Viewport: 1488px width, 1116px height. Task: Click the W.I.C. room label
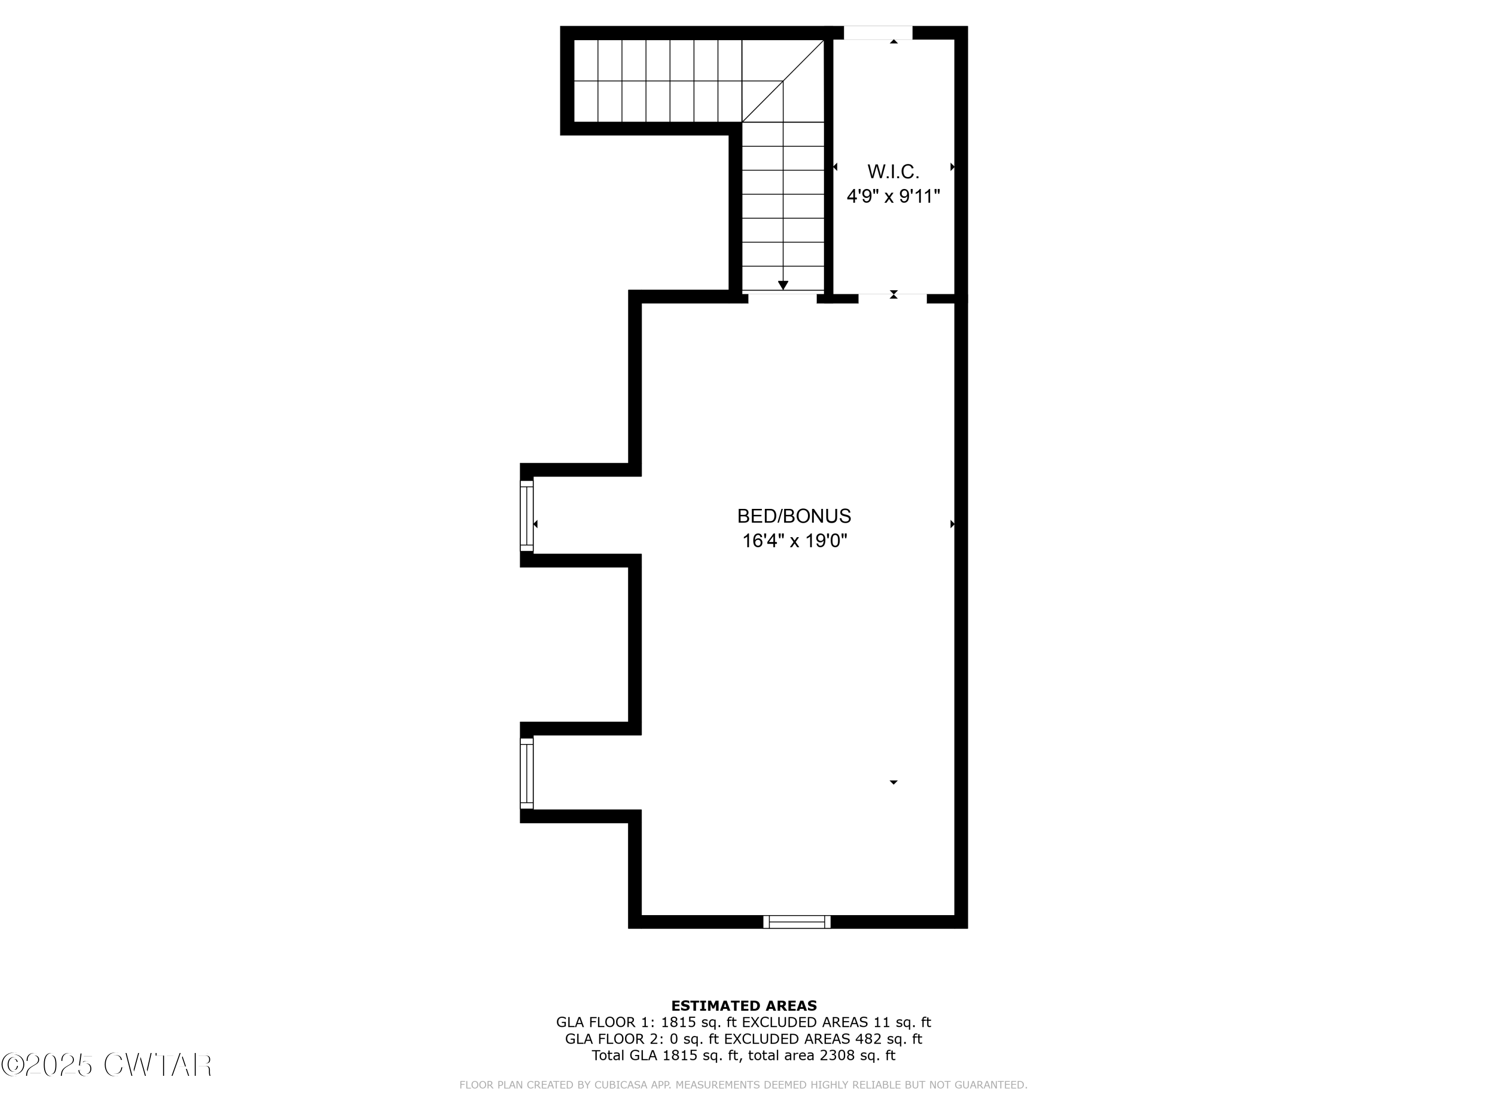tap(893, 172)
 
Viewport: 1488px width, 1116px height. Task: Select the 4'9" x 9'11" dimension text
tap(893, 196)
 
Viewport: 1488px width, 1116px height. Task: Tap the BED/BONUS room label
tap(794, 516)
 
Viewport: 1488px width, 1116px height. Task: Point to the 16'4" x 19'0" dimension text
tap(794, 541)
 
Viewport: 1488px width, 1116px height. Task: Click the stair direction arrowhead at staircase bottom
tap(783, 285)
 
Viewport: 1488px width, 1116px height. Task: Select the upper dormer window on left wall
tap(527, 515)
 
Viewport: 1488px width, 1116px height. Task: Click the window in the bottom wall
tap(797, 922)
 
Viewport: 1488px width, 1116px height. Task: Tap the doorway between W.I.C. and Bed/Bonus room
tap(893, 299)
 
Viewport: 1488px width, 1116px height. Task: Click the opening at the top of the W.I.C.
tap(878, 32)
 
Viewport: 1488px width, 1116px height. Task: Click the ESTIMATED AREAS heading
tap(744, 1006)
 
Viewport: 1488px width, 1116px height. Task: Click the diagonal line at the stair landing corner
tap(783, 81)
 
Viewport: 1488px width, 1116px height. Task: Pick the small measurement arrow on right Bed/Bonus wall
tap(952, 524)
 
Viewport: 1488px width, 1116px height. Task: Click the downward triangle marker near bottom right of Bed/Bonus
tap(893, 782)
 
